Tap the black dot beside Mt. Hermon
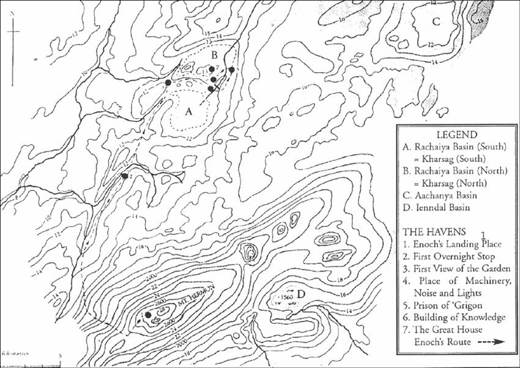click(148, 315)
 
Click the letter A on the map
click(189, 111)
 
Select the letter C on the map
click(436, 22)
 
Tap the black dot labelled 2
click(125, 176)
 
